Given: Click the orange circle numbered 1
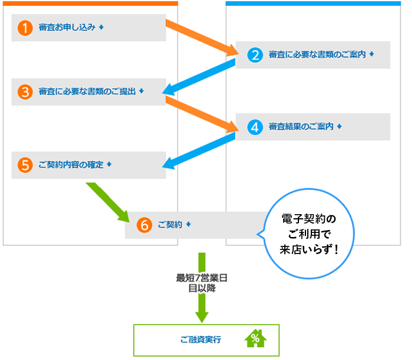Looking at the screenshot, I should pyautogui.click(x=24, y=28).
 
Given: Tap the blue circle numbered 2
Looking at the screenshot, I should pyautogui.click(x=255, y=55).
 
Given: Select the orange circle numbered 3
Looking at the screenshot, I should pyautogui.click(x=24, y=92).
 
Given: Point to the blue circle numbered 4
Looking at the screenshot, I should pyautogui.click(x=255, y=127).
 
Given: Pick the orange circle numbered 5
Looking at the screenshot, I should pyautogui.click(x=24, y=165).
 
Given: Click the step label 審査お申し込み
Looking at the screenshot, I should pyautogui.click(x=67, y=28).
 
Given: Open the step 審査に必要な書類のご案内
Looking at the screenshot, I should pyautogui.click(x=317, y=55).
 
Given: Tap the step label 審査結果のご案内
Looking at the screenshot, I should pyautogui.click(x=301, y=127).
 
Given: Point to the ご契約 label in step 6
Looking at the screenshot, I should pyautogui.click(x=170, y=225).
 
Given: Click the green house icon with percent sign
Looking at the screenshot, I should pyautogui.click(x=255, y=339).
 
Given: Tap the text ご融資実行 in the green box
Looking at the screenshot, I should pyautogui.click(x=201, y=340).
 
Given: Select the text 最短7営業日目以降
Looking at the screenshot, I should pyautogui.click(x=202, y=284).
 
